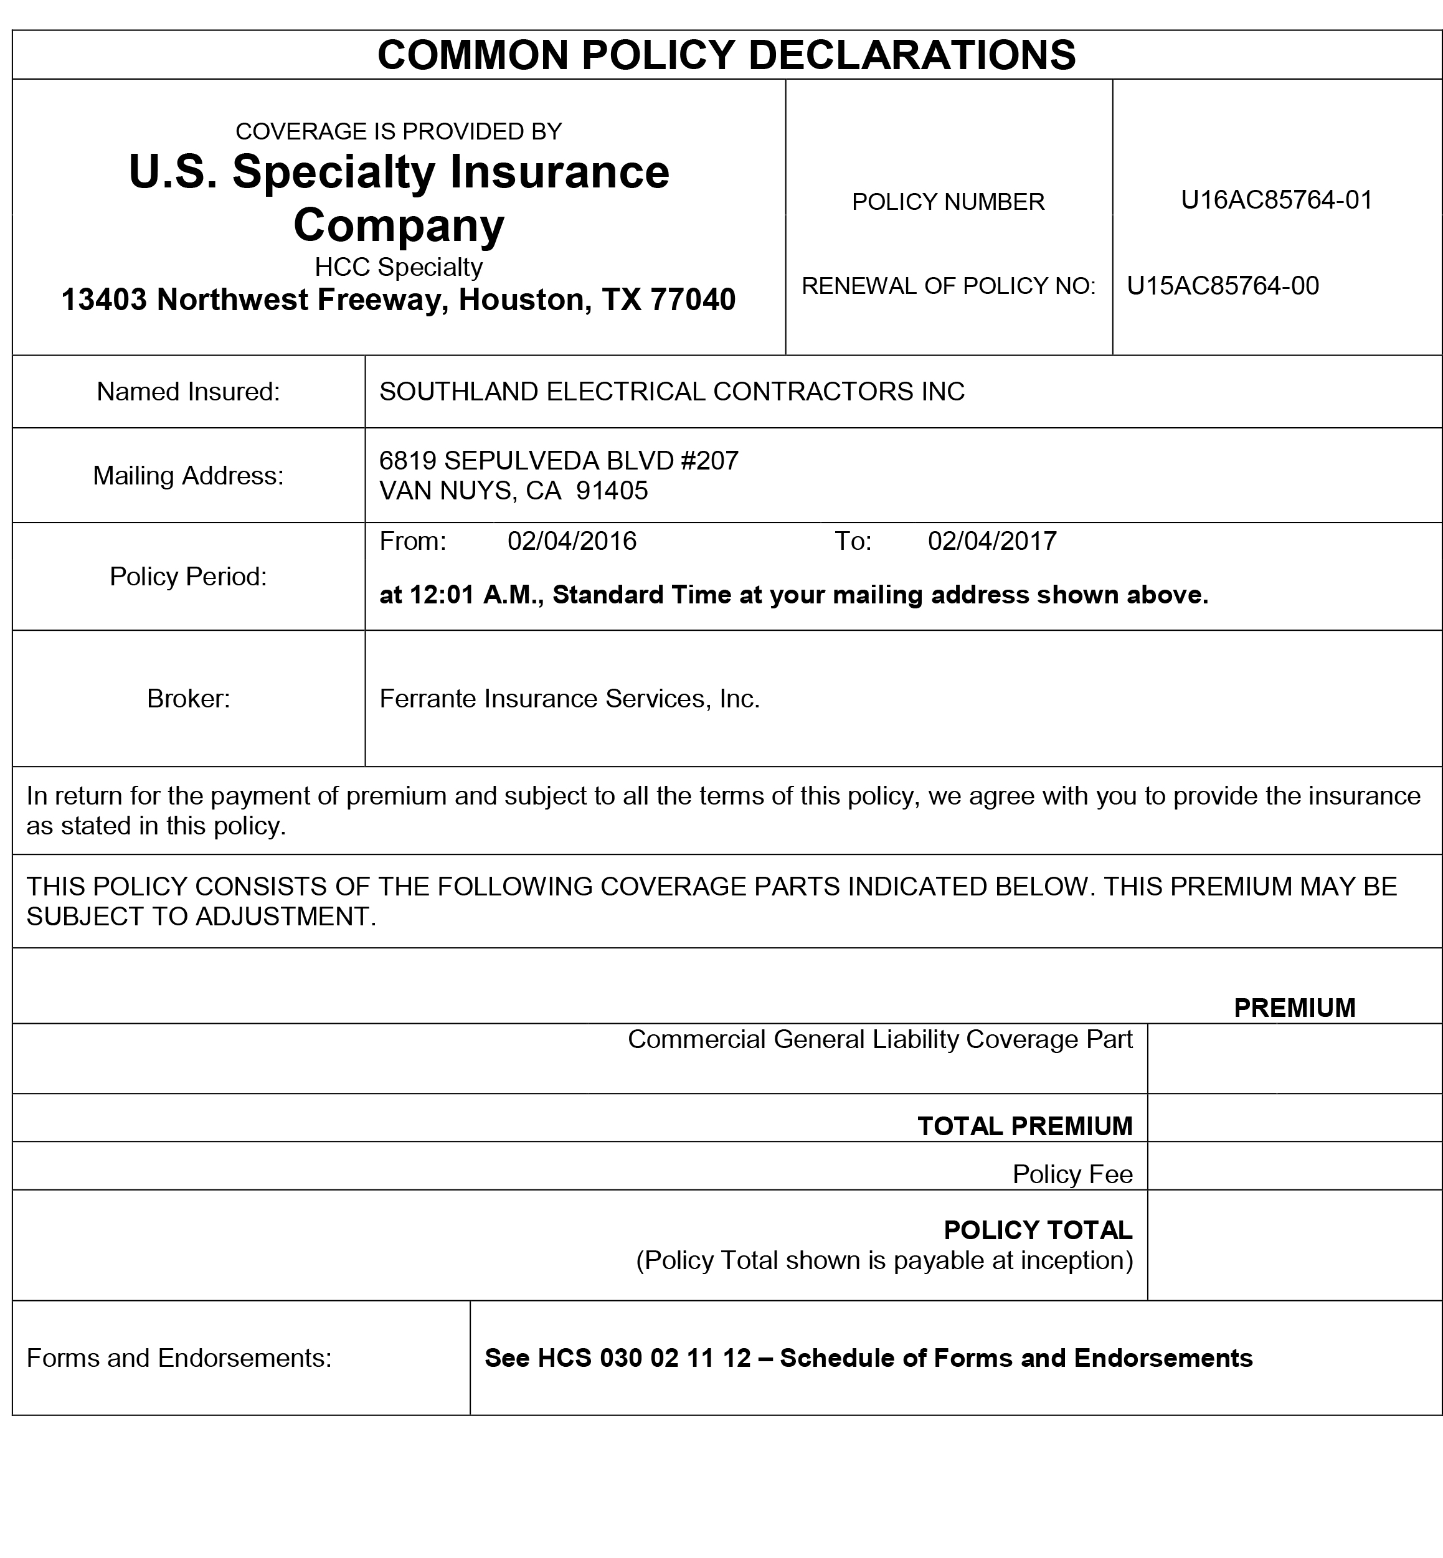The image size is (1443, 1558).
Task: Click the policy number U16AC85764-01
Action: coord(1276,201)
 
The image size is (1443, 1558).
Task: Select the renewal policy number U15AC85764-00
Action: coord(1223,286)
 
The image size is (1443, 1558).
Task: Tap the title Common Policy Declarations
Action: coord(726,55)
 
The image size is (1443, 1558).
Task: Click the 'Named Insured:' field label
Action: coord(188,392)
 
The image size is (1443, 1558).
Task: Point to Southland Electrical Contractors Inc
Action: coord(671,392)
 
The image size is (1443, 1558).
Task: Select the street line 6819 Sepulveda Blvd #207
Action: coord(558,461)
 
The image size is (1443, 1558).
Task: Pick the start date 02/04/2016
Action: coord(572,541)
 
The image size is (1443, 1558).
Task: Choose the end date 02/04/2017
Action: coord(991,541)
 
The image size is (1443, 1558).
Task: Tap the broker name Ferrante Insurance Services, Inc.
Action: coord(569,699)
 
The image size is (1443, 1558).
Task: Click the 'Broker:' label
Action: coord(188,699)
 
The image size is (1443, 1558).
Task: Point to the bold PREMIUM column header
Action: coord(1294,1008)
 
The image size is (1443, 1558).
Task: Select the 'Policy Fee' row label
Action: coord(1072,1174)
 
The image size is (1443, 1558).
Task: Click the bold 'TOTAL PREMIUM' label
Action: coord(1024,1126)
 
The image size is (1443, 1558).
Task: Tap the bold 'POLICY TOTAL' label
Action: coord(1038,1229)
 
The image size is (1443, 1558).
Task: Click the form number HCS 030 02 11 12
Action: coord(644,1357)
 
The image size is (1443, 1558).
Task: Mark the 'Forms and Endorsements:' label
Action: coord(179,1357)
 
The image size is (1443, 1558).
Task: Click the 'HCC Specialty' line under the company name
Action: coord(398,267)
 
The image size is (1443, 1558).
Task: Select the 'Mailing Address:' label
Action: coord(188,475)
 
